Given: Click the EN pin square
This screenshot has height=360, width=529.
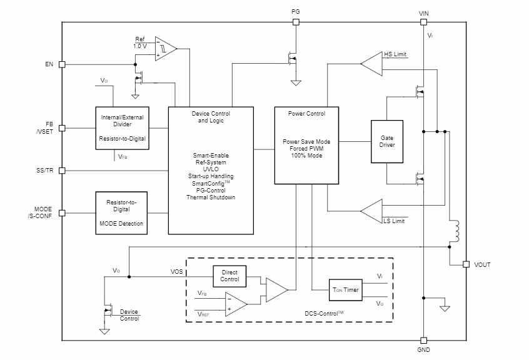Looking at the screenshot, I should coord(62,64).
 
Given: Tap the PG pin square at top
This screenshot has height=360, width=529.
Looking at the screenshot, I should coord(296,22).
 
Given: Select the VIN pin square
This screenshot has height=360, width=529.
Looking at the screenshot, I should coord(424,22).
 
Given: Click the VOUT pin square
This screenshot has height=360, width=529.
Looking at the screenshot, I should coord(466,264).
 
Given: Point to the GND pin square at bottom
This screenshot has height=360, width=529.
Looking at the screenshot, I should coord(424,341).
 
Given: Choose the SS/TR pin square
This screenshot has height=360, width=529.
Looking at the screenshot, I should coord(62,171).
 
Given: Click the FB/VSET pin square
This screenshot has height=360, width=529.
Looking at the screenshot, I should coord(62,128).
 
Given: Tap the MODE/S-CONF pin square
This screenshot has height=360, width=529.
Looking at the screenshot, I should coord(62,212).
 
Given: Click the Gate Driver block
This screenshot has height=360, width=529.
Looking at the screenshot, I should coord(387,141).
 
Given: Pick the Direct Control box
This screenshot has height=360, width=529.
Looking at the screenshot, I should coord(229,276).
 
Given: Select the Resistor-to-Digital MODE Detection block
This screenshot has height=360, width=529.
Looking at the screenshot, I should coord(121,212).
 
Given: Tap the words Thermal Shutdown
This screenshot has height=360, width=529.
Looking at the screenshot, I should coord(211,197).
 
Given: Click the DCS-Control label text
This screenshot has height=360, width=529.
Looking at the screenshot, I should coord(323,312).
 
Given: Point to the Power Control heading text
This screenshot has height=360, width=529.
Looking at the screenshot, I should coord(306,114).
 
